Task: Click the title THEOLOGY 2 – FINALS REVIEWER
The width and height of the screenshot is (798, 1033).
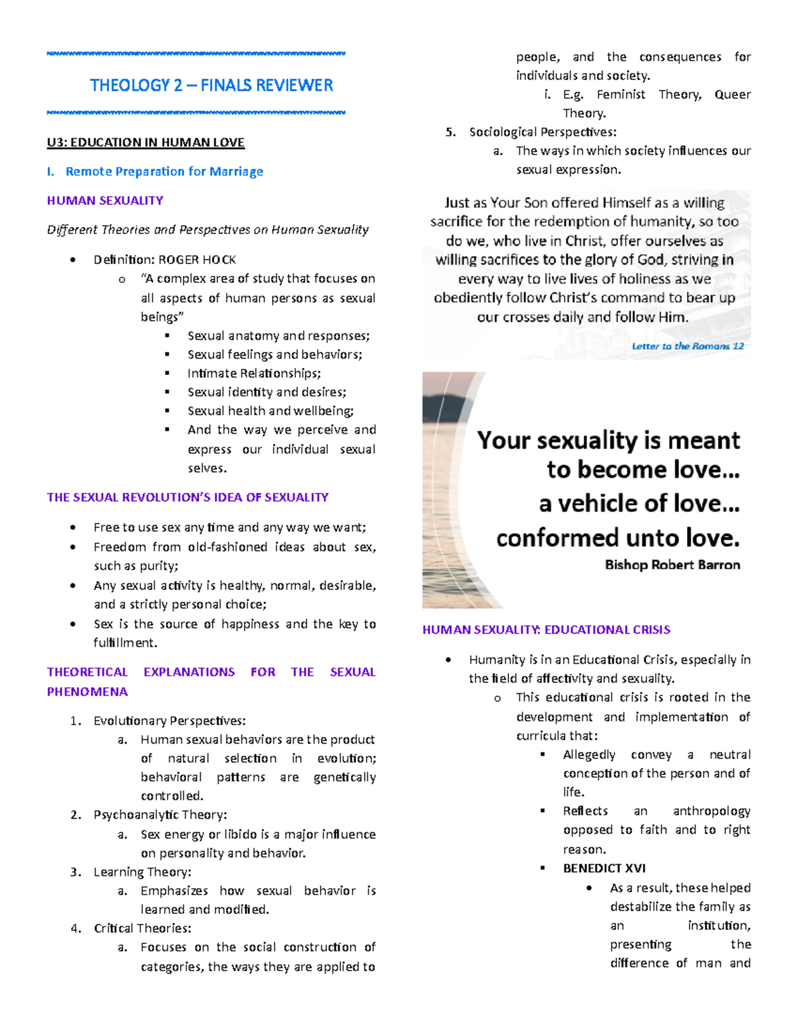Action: [211, 85]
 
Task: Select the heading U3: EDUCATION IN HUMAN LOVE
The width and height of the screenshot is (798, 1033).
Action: [146, 142]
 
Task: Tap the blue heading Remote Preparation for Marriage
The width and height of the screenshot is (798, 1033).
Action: [164, 172]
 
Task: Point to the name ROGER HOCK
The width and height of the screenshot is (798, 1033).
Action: [197, 259]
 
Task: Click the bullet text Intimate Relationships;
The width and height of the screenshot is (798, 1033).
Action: [254, 373]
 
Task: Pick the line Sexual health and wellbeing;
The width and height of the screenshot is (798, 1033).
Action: [270, 410]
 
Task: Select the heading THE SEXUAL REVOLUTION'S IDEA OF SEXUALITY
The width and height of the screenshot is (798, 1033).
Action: [188, 498]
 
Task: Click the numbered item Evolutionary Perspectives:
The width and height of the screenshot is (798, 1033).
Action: [170, 720]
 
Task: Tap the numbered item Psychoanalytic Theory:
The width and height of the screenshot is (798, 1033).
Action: [160, 815]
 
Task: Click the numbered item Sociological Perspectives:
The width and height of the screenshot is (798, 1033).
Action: [543, 132]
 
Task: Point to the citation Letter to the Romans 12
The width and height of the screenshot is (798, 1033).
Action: [688, 346]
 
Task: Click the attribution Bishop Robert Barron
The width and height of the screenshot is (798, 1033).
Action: [672, 565]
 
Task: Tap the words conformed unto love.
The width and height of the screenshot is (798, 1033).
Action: [618, 537]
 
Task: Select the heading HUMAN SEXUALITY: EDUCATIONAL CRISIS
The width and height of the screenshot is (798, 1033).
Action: [546, 629]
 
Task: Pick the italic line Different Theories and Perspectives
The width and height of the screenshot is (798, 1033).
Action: [207, 229]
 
